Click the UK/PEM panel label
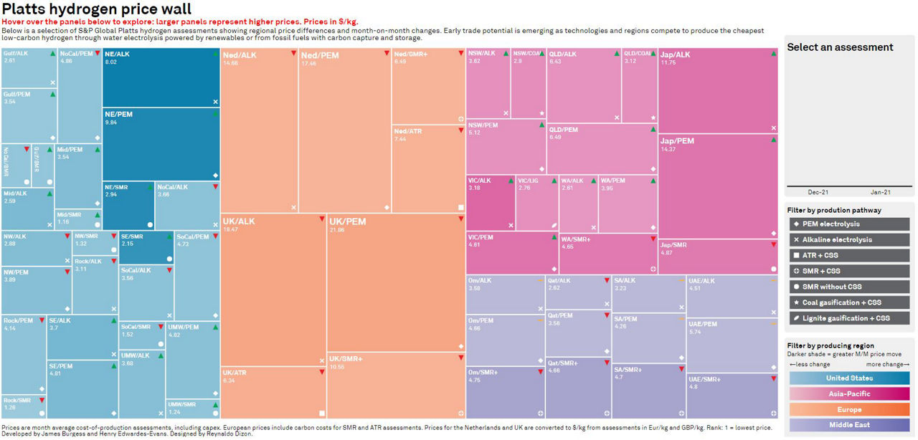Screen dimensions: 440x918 point(348,221)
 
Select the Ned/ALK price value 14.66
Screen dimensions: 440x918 point(230,64)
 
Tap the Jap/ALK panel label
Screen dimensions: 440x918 point(675,54)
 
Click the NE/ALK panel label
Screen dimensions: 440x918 point(117,54)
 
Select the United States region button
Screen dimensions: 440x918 point(848,378)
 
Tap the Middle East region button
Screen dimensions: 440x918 point(848,425)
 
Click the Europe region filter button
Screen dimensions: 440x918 point(848,409)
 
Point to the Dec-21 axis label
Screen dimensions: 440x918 point(818,192)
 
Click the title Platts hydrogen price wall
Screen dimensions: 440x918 point(97,9)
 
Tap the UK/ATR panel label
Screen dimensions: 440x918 point(235,373)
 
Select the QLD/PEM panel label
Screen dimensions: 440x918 point(563,130)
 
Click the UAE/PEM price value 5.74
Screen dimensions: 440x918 point(694,333)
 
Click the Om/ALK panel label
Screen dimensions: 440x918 point(479,280)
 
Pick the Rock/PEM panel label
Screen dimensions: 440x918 point(18,320)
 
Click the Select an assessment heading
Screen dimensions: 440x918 point(840,47)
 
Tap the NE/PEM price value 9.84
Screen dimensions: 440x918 point(110,123)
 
